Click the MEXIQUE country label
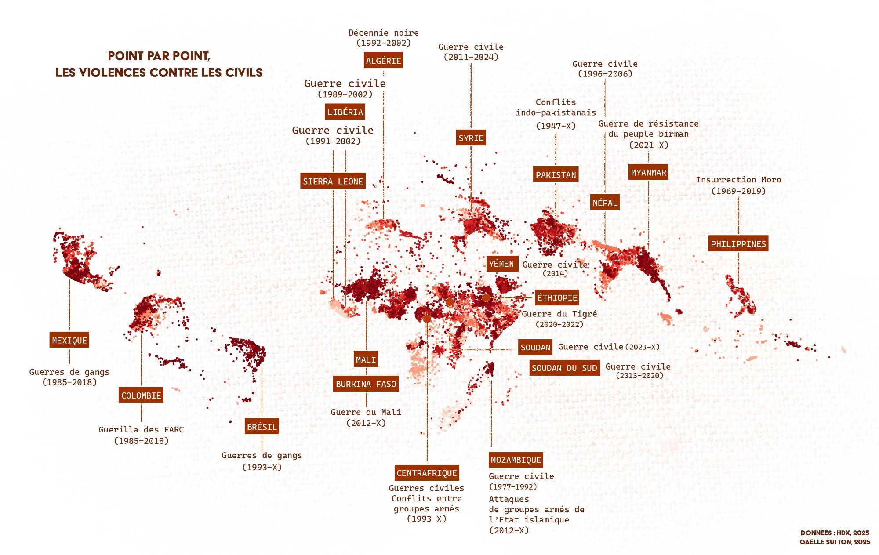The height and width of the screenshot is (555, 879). point(69,340)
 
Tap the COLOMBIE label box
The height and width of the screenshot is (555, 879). point(141,395)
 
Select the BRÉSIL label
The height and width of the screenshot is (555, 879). point(262,426)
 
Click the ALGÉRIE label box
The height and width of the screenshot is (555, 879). point(383,61)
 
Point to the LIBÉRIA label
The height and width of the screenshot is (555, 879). point(345,112)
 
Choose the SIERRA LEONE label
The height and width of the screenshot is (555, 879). point(333,181)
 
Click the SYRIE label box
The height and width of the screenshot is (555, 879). point(471,138)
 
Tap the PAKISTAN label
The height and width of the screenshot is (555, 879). point(556,174)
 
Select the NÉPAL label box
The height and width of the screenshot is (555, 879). point(605,203)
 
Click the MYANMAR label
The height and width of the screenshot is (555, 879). point(648,172)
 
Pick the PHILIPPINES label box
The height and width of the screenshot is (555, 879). point(738,243)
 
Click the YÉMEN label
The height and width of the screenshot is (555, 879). point(501,264)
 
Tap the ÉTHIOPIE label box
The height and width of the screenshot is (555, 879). point(557,297)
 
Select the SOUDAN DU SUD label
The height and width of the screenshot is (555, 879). point(564,368)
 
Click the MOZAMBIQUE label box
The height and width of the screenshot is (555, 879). point(516,460)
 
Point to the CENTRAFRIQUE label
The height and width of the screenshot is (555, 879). point(427,473)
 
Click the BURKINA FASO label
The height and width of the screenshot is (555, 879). point(366,384)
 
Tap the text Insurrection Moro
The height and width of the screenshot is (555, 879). point(738,180)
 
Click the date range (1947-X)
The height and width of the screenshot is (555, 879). point(556,126)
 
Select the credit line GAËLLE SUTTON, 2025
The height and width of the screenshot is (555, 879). point(835,542)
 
